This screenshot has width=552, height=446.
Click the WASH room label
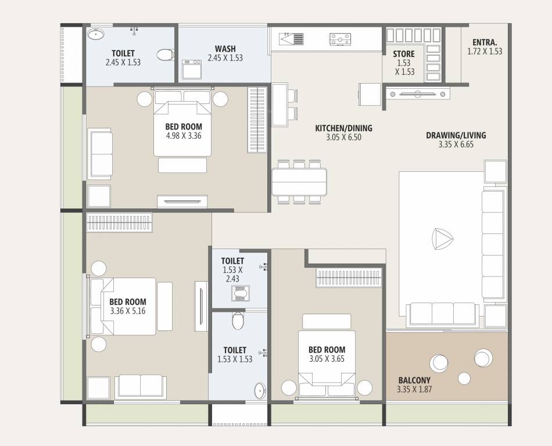pos(225,49)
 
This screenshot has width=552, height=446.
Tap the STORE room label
pos(404,54)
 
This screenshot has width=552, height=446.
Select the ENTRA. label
pos(485,42)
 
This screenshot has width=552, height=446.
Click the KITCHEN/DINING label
pos(343,128)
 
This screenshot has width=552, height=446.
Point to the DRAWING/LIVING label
pos(456,135)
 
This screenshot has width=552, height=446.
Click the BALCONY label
pos(414,380)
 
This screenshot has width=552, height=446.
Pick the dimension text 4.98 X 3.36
pos(184,136)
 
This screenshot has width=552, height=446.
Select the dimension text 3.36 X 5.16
pos(128,311)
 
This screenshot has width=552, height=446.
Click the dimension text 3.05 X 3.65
pos(327,359)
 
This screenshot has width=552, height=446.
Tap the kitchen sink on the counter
pos(292,39)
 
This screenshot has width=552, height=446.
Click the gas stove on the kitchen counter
pos(340,39)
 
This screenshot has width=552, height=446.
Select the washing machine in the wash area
pos(192,69)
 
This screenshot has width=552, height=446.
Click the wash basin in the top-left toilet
pos(96,34)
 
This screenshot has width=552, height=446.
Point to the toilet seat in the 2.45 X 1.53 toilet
pos(166,55)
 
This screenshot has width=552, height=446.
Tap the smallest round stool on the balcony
pos(464,379)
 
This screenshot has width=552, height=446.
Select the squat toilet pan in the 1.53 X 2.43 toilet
pos(241,293)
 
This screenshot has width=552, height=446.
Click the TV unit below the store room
pos(418,94)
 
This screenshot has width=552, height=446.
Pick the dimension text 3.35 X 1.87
pos(414,389)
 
